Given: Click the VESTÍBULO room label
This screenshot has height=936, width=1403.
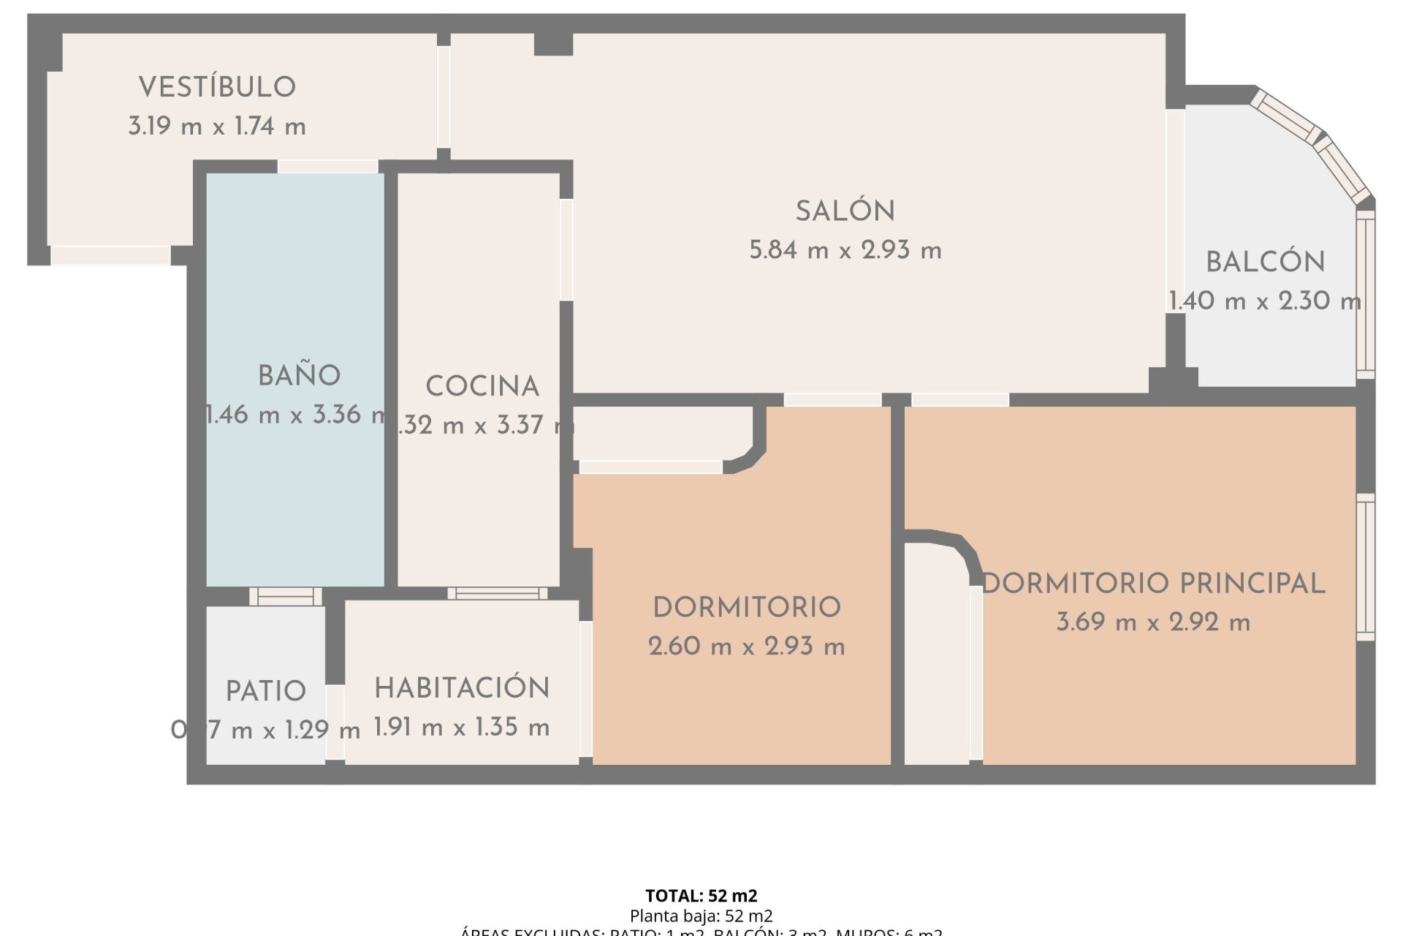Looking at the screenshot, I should click(x=217, y=87).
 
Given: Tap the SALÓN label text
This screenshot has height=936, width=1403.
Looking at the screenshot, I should click(x=845, y=211).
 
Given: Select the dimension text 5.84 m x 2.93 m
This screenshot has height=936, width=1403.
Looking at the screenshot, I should click(x=845, y=251).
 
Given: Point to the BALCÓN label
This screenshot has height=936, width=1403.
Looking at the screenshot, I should click(x=1265, y=262).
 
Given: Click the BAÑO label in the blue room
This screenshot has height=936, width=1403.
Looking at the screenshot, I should click(x=299, y=376).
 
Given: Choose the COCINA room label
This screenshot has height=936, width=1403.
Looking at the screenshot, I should click(x=482, y=386).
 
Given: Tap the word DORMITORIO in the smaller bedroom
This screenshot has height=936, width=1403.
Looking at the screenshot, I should click(x=746, y=608).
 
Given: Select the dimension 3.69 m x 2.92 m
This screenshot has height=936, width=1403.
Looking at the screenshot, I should click(x=1152, y=622).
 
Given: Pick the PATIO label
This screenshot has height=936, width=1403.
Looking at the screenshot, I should click(x=265, y=691).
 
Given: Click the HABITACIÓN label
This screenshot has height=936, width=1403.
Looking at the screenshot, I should click(x=462, y=688).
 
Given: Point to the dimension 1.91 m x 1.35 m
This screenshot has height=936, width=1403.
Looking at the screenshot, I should click(x=462, y=728).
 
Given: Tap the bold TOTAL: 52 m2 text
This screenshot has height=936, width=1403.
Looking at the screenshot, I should click(x=701, y=896).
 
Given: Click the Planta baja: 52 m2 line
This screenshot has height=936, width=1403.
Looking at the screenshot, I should click(x=701, y=916).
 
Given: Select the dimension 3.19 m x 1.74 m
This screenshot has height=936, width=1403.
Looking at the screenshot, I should click(x=217, y=127).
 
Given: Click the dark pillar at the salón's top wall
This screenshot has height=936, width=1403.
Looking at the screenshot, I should click(x=553, y=44).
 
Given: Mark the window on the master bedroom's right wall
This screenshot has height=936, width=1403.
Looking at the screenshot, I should click(x=1365, y=567).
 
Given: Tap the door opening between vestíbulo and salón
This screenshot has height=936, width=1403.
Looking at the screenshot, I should click(x=444, y=97).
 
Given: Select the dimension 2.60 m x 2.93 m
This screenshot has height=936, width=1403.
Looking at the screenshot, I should click(x=746, y=646).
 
